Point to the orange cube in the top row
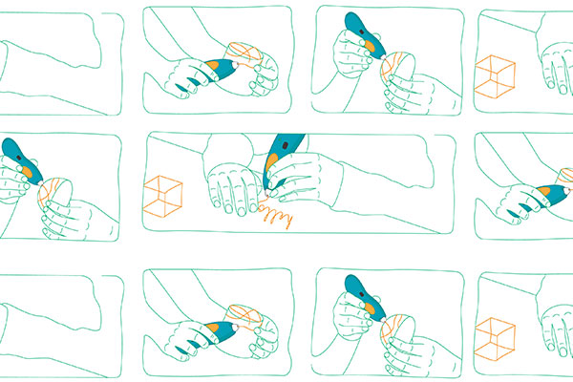point(494,75)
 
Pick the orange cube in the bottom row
point(494,336)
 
